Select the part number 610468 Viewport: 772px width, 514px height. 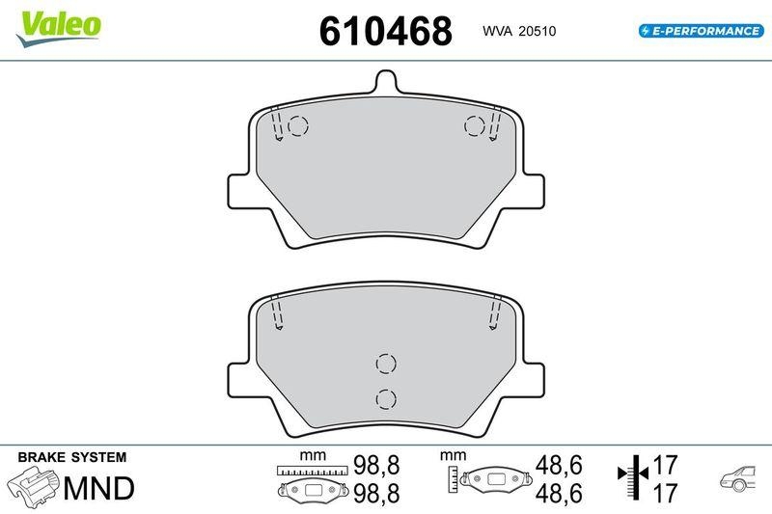point(385,31)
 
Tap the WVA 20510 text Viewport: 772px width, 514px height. point(519,32)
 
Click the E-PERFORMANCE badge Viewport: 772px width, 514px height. point(700,31)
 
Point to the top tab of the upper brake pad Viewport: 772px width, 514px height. point(386,85)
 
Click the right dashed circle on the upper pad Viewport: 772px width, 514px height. point(474,125)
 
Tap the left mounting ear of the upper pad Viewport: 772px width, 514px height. point(240,190)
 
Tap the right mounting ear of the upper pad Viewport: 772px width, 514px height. point(532,190)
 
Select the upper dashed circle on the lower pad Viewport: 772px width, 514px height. point(386,363)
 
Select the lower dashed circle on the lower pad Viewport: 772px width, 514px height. point(386,398)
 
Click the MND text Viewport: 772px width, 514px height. point(98,489)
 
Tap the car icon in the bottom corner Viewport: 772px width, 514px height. point(740,478)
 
